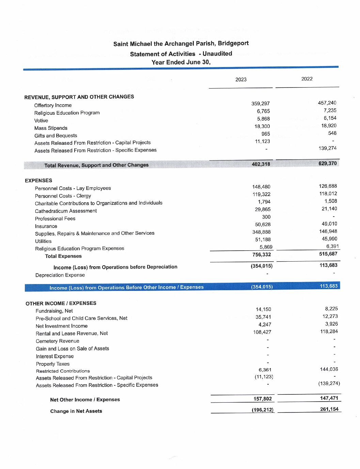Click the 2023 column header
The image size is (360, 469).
(241, 80)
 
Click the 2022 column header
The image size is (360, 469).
(307, 79)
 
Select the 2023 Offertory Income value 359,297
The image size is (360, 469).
(261, 104)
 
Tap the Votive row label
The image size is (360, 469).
(41, 121)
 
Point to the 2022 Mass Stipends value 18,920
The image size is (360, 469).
(329, 126)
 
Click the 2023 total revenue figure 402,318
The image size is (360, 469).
(261, 164)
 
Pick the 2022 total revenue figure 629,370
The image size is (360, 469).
(328, 163)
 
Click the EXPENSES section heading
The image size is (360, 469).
(38, 181)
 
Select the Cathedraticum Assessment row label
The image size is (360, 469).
(66, 211)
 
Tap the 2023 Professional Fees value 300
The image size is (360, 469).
(266, 217)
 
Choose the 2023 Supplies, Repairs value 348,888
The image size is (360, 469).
(262, 232)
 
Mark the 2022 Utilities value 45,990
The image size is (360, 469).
(329, 239)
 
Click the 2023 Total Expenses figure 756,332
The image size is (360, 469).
(262, 255)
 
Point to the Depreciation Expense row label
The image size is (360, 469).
(60, 275)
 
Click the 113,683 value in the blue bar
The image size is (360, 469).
(329, 286)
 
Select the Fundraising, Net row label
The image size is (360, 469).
(54, 311)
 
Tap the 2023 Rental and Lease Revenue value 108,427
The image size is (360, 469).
(262, 332)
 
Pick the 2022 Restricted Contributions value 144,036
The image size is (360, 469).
(329, 369)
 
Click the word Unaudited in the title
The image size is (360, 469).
(217, 53)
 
